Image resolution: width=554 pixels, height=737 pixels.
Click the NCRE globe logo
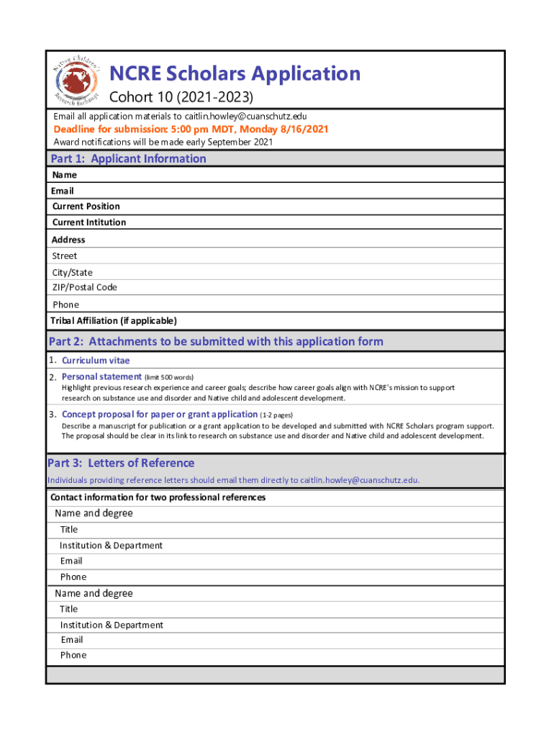pyautogui.click(x=77, y=83)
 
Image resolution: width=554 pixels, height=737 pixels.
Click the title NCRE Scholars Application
pyautogui.click(x=235, y=73)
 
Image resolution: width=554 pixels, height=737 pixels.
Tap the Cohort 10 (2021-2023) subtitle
pyautogui.click(x=181, y=97)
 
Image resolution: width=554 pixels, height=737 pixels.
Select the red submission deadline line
pyautogui.click(x=191, y=130)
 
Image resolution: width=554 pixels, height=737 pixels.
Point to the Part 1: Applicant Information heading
pyautogui.click(x=127, y=159)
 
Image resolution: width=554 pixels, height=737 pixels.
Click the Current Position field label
pyautogui.click(x=86, y=207)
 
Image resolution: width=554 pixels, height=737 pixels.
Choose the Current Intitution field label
pyautogui.click(x=88, y=222)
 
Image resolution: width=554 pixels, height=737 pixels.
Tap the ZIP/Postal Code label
pyautogui.click(x=84, y=287)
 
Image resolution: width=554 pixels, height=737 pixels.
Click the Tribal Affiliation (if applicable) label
pyautogui.click(x=114, y=320)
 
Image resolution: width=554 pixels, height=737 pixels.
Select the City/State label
pyautogui.click(x=72, y=273)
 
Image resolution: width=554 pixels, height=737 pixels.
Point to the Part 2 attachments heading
pyautogui.click(x=216, y=341)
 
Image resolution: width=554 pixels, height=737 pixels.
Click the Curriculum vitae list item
pyautogui.click(x=96, y=361)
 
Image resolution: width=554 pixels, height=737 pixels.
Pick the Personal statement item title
pyautogui.click(x=101, y=376)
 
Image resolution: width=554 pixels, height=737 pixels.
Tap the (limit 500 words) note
pyautogui.click(x=169, y=377)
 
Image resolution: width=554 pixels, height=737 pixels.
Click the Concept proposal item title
pyautogui.click(x=160, y=414)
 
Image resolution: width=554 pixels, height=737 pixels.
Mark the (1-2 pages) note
pyautogui.click(x=277, y=415)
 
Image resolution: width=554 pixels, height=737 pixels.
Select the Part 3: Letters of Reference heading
pyautogui.click(x=121, y=463)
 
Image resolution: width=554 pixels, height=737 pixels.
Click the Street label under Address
pyautogui.click(x=64, y=256)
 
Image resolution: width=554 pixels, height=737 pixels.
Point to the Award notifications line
pyautogui.click(x=163, y=142)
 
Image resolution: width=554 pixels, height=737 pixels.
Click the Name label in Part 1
pyautogui.click(x=64, y=175)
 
